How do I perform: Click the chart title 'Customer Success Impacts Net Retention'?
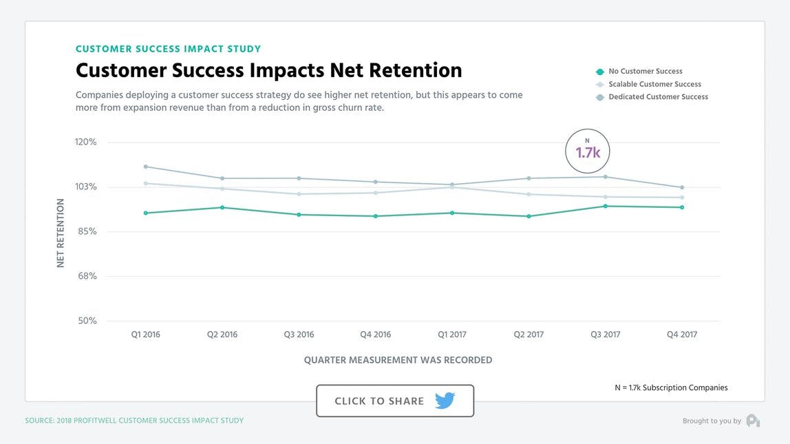point(268,70)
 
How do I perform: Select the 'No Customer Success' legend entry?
point(645,72)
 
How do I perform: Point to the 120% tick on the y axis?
point(86,142)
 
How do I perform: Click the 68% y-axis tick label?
point(86,276)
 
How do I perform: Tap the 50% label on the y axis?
point(86,321)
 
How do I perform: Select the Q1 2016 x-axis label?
point(145,335)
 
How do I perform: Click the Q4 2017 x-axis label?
point(682,335)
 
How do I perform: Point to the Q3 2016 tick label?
point(299,335)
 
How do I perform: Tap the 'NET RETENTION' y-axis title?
point(61,233)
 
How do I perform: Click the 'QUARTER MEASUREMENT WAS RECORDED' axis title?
point(398,360)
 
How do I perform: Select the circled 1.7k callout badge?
point(588,151)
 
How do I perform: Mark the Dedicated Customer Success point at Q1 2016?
point(146,167)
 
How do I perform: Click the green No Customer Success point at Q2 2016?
point(222,207)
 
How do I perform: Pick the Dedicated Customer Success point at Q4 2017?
point(682,187)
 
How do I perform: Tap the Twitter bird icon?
point(445,401)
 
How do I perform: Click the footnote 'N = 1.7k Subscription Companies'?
point(671,388)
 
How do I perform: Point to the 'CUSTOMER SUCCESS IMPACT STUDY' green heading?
point(168,49)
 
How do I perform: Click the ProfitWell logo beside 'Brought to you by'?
point(753,421)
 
